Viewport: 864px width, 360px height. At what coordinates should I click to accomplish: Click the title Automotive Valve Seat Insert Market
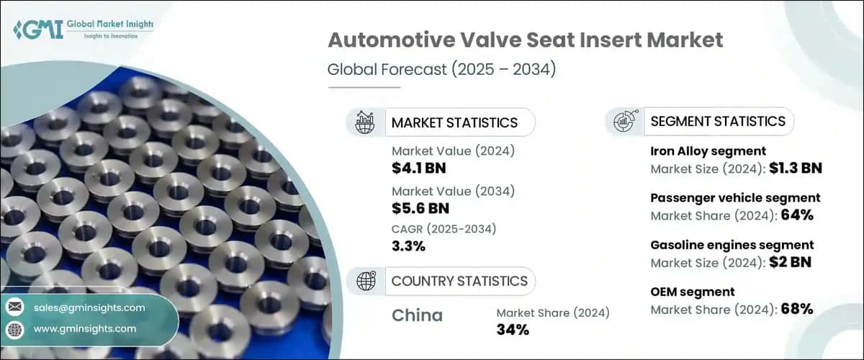(525, 40)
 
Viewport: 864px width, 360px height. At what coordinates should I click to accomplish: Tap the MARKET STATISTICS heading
(454, 122)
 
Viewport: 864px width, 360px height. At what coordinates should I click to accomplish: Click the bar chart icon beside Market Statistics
(366, 122)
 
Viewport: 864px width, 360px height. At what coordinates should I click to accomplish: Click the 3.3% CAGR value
(408, 246)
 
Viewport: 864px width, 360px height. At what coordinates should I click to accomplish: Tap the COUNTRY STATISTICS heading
(459, 281)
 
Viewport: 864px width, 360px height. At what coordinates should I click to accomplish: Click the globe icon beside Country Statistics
(366, 281)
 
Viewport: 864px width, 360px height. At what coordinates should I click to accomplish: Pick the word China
(417, 315)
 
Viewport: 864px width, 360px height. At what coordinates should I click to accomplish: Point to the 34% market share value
(513, 330)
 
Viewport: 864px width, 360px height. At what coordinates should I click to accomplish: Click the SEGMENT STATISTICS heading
(717, 122)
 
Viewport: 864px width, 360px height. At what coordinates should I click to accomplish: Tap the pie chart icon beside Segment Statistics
(624, 122)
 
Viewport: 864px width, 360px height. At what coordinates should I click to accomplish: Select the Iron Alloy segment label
(708, 151)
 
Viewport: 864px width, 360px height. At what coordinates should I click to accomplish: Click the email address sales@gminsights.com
(89, 308)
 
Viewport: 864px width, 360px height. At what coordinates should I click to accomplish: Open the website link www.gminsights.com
(85, 328)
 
